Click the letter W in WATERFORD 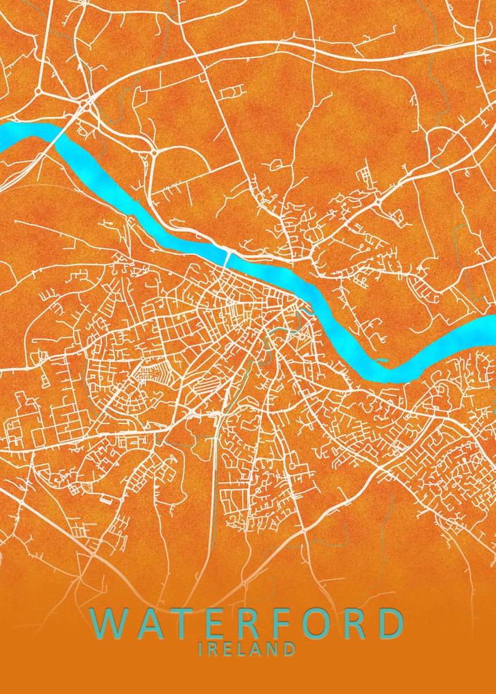tap(111, 623)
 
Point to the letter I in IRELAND tap(200, 649)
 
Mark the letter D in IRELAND tap(290, 649)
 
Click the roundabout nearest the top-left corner tap(38, 91)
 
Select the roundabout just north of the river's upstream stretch tap(155, 152)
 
